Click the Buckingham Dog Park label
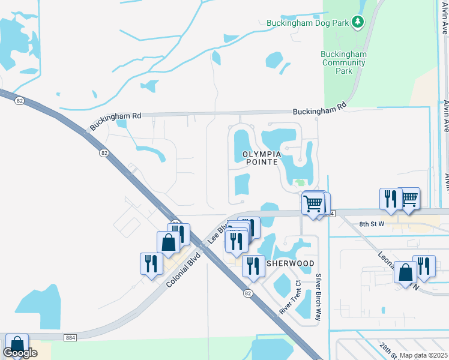pos(308,23)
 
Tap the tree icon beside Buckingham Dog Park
pos(358,22)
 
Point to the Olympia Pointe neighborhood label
pos(261,158)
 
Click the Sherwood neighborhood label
pos(291,263)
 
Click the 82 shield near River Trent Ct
pos(248,293)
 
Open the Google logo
pos(20,353)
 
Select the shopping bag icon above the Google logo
pos(17,344)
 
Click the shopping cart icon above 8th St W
pos(409,197)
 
